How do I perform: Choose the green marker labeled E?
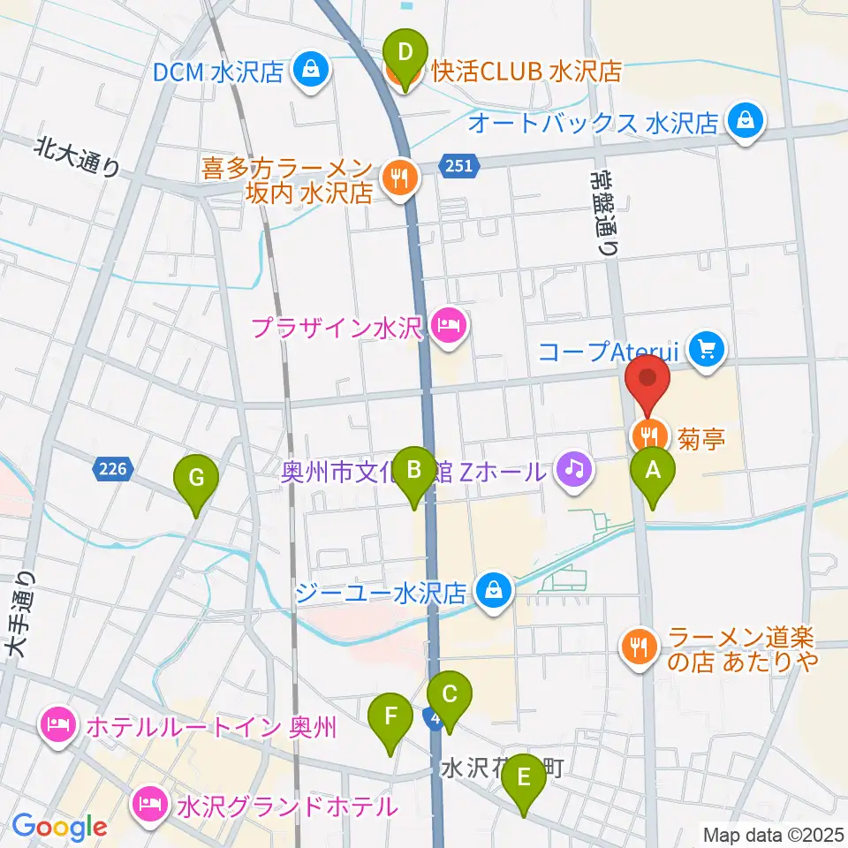pos(524,779)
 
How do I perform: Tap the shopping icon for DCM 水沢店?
pos(311,71)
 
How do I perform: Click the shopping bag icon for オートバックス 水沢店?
pos(746,122)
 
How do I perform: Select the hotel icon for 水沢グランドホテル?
pos(147,805)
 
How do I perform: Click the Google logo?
pos(58,827)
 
